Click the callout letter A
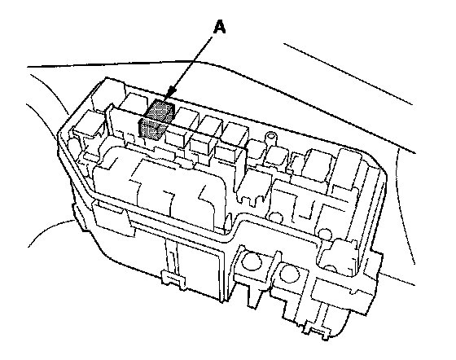pos(220,28)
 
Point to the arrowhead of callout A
pos(172,92)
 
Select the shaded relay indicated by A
pos(156,119)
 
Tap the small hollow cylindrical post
pos(270,140)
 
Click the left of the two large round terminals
pos(252,261)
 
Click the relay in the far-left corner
pos(87,125)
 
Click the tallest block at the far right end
pos(348,169)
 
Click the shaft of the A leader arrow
pos(192,62)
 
